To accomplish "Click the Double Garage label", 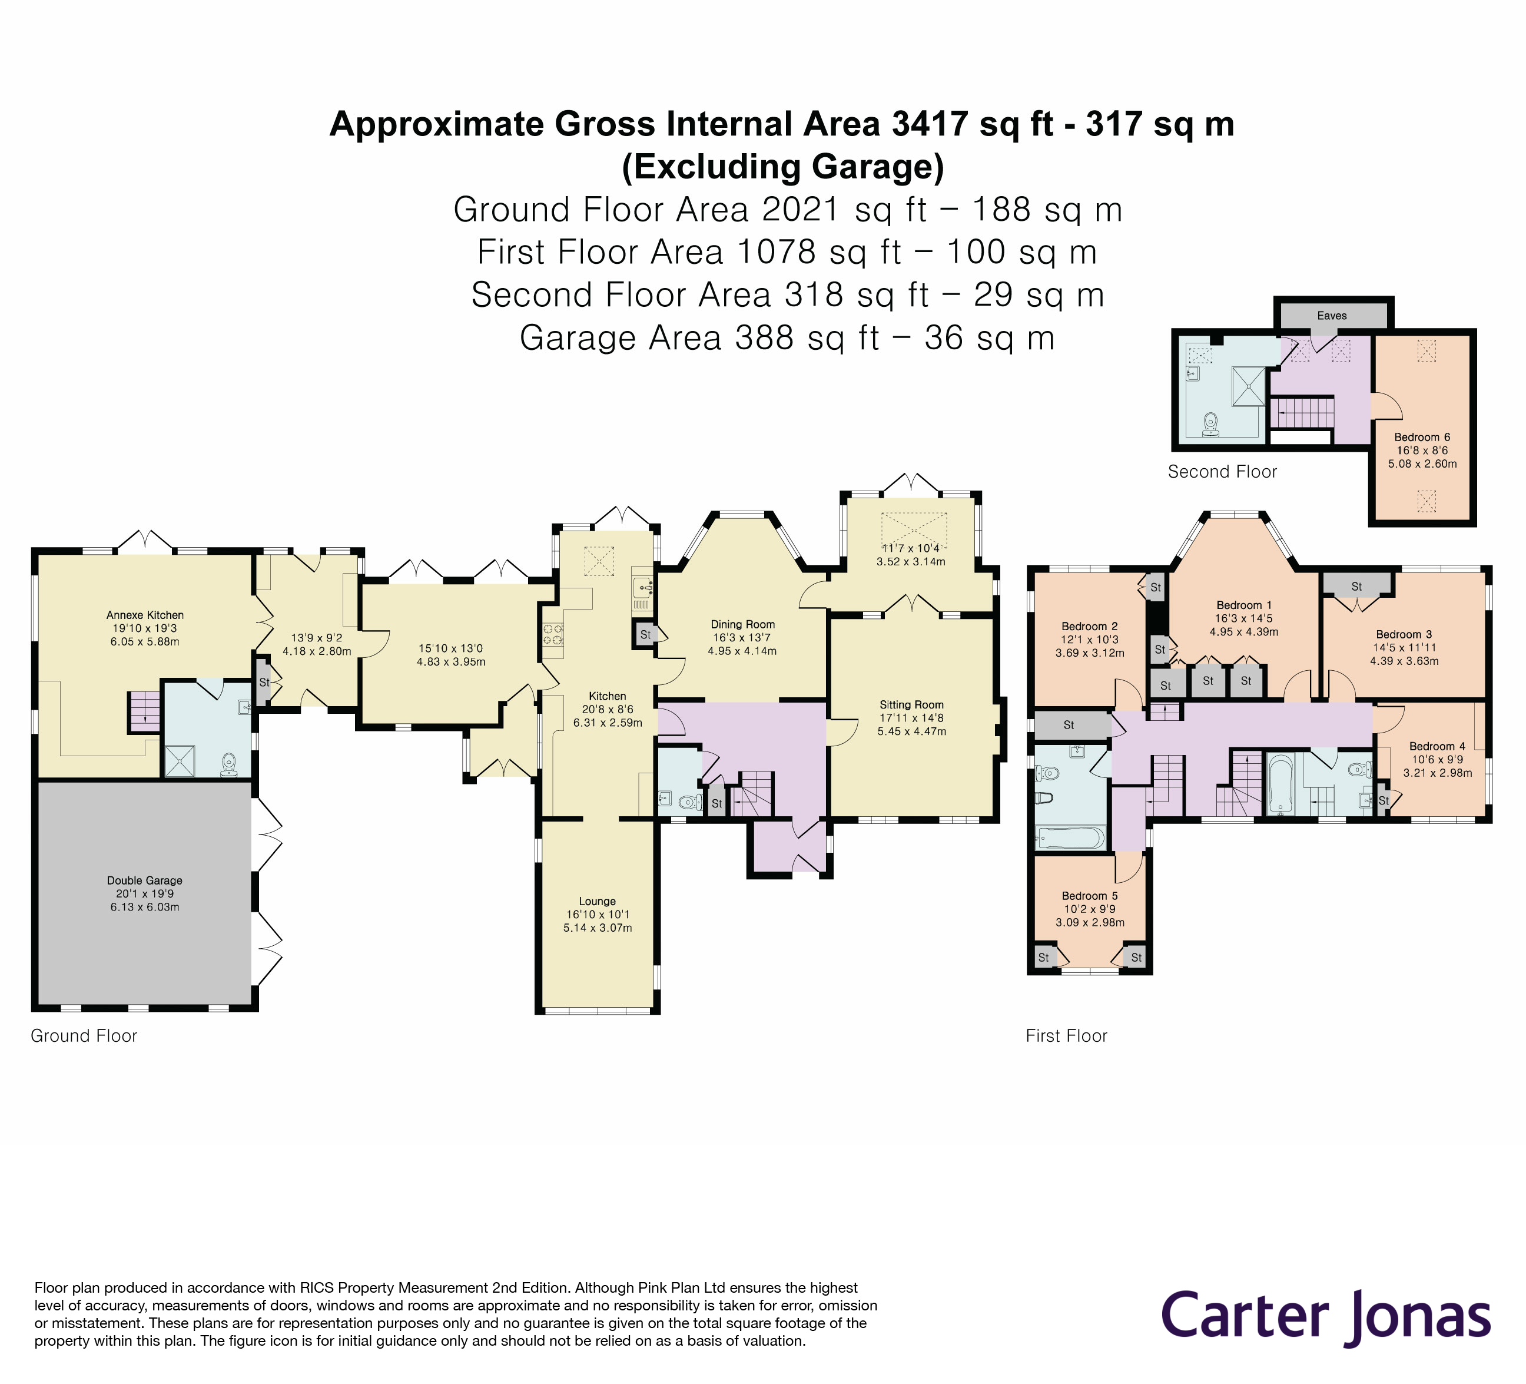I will click(145, 880).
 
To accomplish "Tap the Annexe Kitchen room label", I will click(145, 615).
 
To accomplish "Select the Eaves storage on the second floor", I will click(1332, 316).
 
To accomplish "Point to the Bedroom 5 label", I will click(1089, 896).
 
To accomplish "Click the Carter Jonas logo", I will click(1325, 1317).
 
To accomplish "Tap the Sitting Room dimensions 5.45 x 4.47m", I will click(911, 731).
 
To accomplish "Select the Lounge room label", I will click(597, 901).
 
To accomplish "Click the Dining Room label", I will click(742, 625).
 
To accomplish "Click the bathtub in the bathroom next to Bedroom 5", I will click(1070, 838).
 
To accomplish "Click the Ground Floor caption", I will click(83, 1036).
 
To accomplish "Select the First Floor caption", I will click(1066, 1036).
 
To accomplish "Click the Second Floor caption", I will click(1222, 472).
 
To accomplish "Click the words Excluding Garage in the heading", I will click(782, 167).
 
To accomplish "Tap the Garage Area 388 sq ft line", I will click(787, 337).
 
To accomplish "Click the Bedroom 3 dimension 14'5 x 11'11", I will click(1404, 647).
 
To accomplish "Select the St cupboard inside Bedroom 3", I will click(1356, 586).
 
